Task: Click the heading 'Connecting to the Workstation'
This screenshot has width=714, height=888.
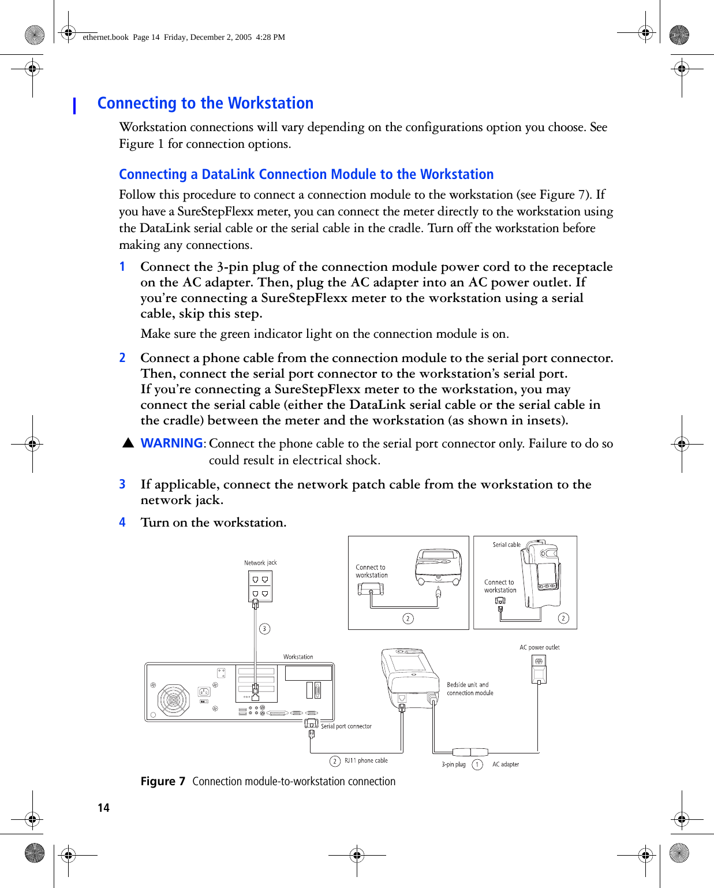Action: [205, 103]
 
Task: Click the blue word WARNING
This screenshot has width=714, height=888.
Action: [171, 443]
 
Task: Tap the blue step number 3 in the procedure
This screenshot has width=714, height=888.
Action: [122, 484]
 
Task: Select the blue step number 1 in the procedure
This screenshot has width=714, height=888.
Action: [122, 267]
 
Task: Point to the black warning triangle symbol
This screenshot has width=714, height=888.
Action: [128, 443]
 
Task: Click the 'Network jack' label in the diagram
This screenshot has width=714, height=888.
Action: [260, 563]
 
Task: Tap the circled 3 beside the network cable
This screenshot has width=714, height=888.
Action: [264, 629]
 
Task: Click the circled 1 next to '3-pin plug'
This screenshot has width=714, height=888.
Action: [477, 764]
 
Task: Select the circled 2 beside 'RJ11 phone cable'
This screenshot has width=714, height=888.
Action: [335, 761]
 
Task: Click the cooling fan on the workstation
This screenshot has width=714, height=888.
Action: [173, 700]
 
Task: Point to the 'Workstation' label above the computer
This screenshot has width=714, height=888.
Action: [298, 657]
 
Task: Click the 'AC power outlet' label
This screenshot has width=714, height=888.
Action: [539, 648]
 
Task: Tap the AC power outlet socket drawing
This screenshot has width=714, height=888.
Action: [539, 669]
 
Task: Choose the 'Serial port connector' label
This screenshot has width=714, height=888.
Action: [346, 726]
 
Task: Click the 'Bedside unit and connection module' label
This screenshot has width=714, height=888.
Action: [469, 689]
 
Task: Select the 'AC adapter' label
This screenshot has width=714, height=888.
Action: [505, 764]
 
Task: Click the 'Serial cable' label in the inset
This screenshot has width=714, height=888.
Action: [506, 544]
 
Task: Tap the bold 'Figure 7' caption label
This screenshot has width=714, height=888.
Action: [163, 782]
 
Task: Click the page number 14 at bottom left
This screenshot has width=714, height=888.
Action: [103, 808]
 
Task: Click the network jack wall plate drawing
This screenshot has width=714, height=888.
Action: [260, 586]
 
